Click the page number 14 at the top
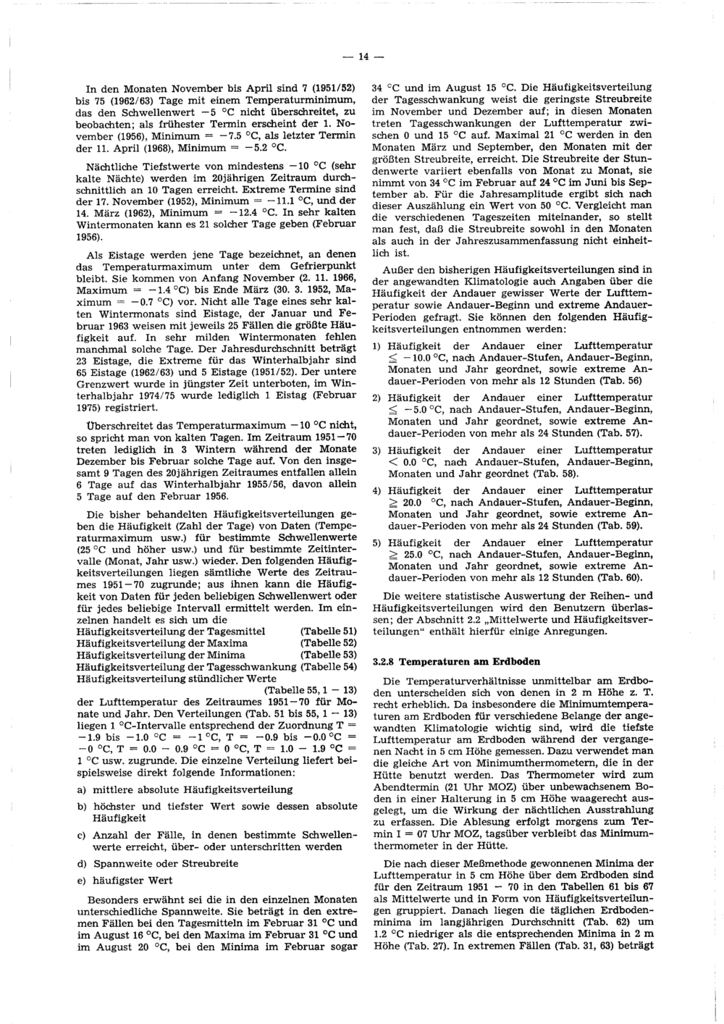click(x=361, y=56)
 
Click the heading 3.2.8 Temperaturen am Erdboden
click(x=457, y=661)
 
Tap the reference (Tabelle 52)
click(x=329, y=643)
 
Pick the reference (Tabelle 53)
click(x=329, y=655)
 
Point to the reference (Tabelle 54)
click(x=329, y=666)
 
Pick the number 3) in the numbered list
click(x=376, y=450)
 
